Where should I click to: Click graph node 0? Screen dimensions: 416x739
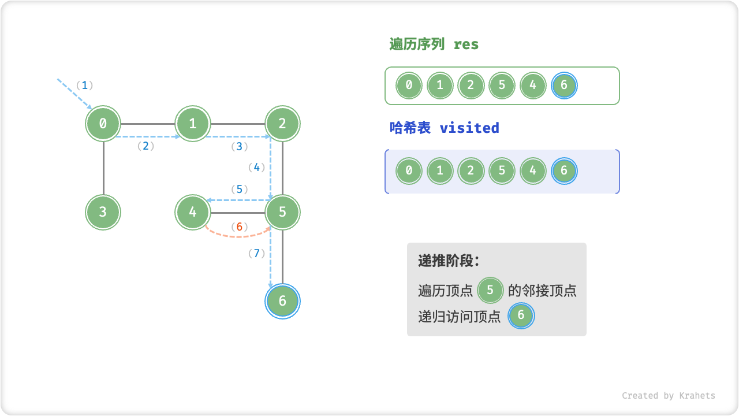point(103,123)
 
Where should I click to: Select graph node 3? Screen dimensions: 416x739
point(103,211)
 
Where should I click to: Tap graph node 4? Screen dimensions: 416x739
point(193,211)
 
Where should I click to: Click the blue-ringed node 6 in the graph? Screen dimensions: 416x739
point(282,300)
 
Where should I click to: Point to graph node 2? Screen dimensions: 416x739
point(282,123)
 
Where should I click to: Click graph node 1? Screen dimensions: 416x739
point(193,123)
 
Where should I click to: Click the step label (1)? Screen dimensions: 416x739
point(85,86)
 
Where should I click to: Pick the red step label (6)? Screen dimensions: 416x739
point(239,227)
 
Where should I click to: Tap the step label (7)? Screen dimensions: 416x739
point(256,253)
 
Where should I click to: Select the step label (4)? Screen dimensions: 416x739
point(256,168)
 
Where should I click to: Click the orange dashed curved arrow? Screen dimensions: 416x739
point(238,236)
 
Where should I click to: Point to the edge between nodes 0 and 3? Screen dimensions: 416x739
point(103,168)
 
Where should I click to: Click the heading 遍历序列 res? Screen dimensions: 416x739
point(434,44)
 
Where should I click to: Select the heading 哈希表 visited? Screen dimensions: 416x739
point(445,128)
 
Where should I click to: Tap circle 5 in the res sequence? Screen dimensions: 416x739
point(502,86)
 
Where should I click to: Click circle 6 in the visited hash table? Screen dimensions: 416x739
point(564,171)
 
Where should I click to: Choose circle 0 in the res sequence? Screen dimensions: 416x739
point(409,86)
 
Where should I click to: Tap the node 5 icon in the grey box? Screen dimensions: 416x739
point(491,290)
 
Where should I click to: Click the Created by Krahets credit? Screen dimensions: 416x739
point(668,396)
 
